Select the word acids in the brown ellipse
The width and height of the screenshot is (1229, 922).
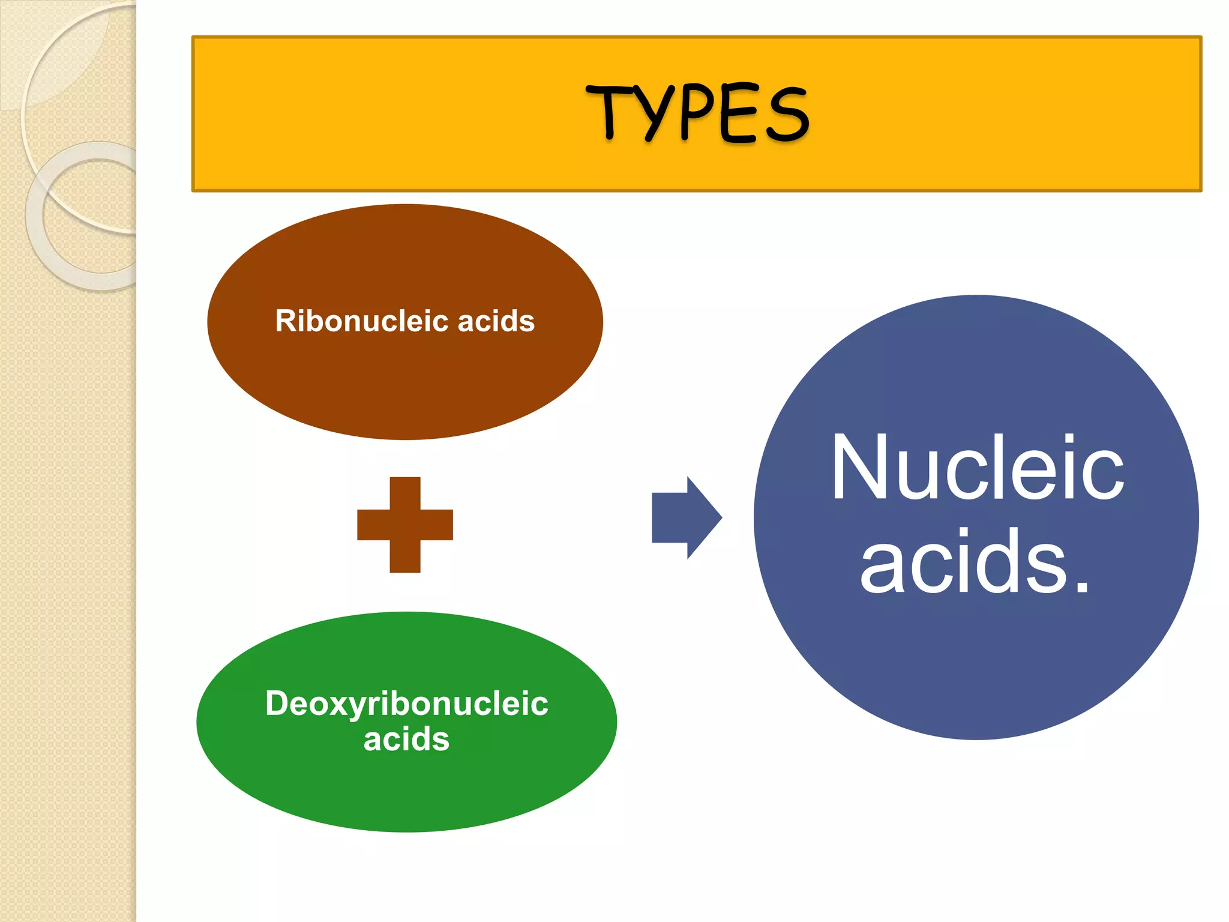[x=496, y=321]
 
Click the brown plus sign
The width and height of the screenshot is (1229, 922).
[x=405, y=525]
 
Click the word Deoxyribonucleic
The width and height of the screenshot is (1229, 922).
[x=406, y=704]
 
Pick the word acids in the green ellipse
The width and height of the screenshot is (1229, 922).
[x=406, y=739]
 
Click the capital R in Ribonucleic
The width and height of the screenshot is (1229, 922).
[x=285, y=321]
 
